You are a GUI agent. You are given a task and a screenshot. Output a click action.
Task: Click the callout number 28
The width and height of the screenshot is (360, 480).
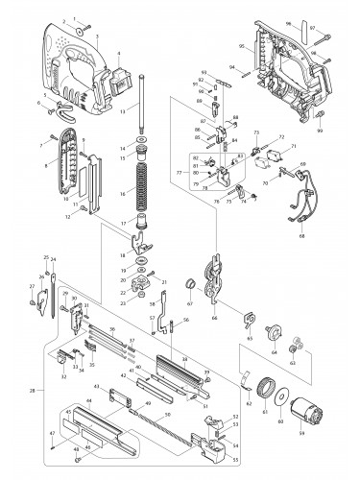pyautogui.click(x=34, y=392)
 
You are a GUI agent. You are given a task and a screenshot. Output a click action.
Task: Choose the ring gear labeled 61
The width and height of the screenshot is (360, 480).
pyautogui.click(x=259, y=390)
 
